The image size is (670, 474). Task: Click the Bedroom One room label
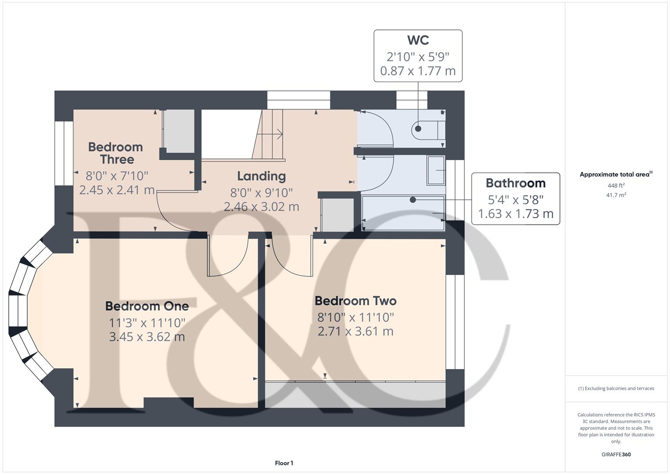(147, 306)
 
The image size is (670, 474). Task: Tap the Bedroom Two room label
(356, 301)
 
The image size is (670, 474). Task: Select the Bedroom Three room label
(116, 153)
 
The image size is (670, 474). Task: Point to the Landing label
(262, 176)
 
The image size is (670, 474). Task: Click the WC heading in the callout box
(418, 40)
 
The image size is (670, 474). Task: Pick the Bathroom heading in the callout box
(516, 183)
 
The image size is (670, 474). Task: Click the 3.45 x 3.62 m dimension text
(147, 337)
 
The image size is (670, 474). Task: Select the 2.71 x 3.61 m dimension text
(356, 331)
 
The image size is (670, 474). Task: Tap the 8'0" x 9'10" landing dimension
(262, 193)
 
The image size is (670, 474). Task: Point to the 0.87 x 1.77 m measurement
(418, 71)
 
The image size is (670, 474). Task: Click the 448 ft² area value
(616, 185)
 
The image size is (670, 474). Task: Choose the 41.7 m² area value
(616, 195)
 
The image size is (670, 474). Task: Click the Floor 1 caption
(284, 463)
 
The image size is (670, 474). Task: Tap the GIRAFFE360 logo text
(616, 454)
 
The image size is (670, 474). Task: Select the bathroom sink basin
(436, 170)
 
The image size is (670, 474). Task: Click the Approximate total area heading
(616, 174)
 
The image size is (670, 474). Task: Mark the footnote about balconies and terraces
(616, 388)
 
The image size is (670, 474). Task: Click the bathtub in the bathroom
(403, 213)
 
